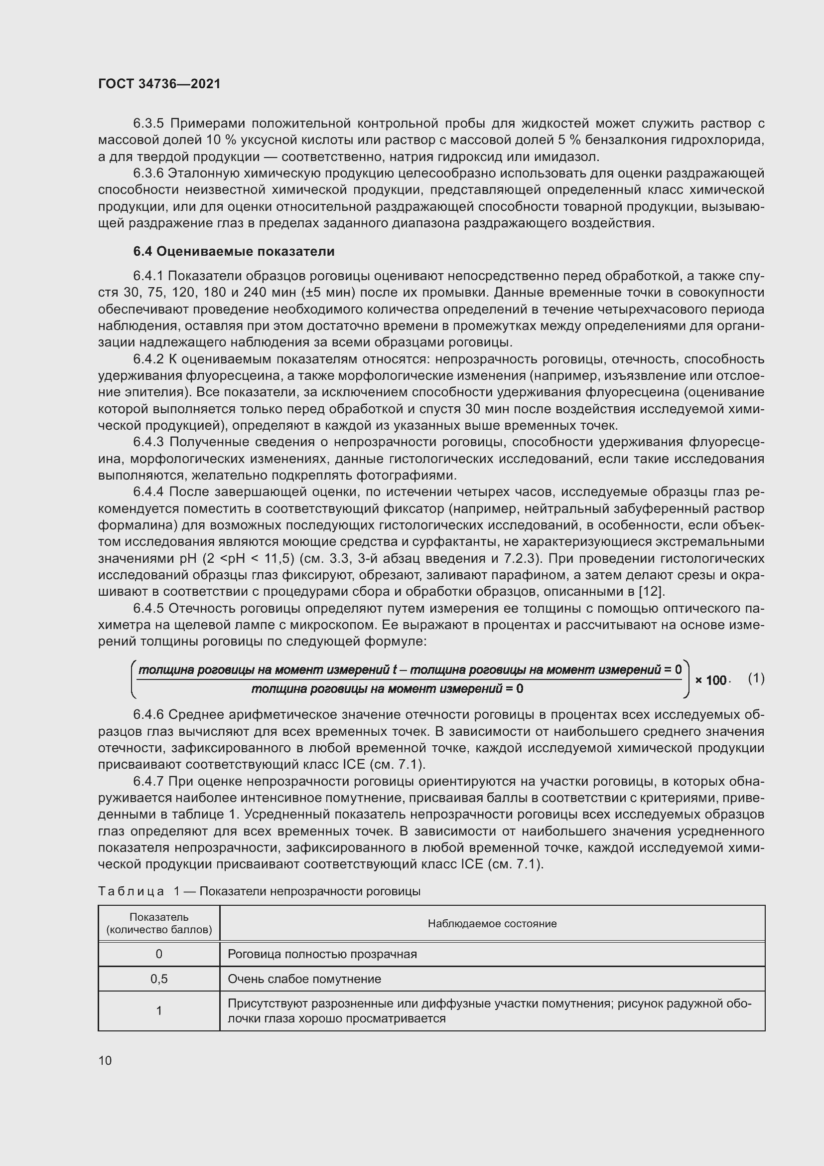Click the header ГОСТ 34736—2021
click(x=159, y=84)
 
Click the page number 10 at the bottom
click(x=105, y=1060)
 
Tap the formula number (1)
click(x=756, y=678)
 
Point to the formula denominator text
click(x=387, y=689)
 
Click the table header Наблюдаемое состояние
click(x=492, y=923)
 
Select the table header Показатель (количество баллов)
click(x=159, y=923)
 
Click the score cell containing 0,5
click(x=159, y=979)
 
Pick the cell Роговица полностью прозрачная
click(x=322, y=954)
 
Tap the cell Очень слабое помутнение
click(x=304, y=979)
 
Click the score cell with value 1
click(x=159, y=1010)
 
